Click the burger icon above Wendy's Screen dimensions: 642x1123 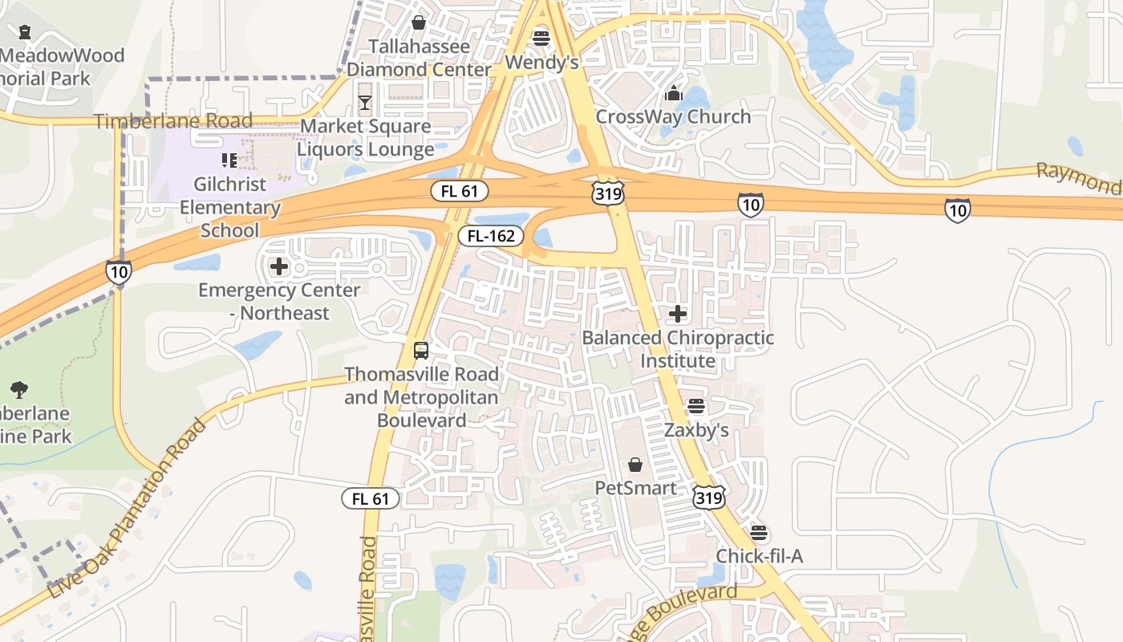click(541, 38)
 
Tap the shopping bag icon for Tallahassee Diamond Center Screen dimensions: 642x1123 click(418, 22)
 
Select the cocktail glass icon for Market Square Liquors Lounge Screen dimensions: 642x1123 click(365, 102)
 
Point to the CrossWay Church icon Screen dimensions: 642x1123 click(674, 93)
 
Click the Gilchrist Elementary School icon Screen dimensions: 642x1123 click(229, 160)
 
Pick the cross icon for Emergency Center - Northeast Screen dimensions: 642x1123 click(279, 266)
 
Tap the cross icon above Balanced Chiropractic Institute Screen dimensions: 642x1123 click(678, 314)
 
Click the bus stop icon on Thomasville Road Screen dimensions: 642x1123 click(421, 351)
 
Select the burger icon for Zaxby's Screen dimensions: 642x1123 click(696, 406)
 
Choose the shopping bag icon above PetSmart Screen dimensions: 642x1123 click(635, 464)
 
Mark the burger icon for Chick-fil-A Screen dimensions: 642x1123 click(759, 532)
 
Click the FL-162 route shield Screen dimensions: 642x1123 click(491, 236)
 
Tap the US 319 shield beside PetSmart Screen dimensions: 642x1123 click(710, 497)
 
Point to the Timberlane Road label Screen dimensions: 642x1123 click(173, 121)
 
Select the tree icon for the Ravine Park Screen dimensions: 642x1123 click(19, 390)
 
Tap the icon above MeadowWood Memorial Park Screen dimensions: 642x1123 click(25, 32)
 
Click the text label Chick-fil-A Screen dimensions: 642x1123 click(759, 556)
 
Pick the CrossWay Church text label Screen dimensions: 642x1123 click(673, 116)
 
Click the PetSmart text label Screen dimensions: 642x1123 click(635, 488)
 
